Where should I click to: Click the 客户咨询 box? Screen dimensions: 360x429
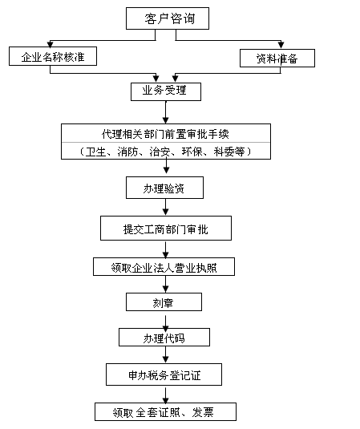coord(168,18)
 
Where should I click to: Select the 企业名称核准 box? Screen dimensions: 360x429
coord(53,56)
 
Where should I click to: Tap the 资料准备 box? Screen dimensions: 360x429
coord(277,58)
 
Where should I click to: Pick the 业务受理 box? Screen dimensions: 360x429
coord(166,91)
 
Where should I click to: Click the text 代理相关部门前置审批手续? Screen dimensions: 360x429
coord(165,134)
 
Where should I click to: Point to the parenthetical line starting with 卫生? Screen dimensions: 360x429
coord(165,152)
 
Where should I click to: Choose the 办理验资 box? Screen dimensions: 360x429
coord(164,188)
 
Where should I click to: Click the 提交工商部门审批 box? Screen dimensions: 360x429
coord(166,229)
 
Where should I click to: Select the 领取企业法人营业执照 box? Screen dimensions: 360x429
coord(164,267)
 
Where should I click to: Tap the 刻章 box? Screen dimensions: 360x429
coord(164,302)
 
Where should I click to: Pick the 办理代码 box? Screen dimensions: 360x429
coord(164,337)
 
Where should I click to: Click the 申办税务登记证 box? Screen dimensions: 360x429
coord(164,374)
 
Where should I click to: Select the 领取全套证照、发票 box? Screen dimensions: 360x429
coord(165,412)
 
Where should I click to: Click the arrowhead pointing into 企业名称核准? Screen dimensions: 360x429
coord(50,44)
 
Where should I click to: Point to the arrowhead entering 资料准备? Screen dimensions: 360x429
coord(281,45)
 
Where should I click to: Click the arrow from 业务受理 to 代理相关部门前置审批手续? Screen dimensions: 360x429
coord(166,112)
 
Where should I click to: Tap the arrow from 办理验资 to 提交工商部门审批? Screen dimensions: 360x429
coord(165,207)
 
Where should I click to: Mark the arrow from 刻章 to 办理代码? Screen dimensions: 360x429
coord(165,322)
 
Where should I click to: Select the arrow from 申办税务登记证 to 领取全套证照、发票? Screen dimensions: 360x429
coord(165,395)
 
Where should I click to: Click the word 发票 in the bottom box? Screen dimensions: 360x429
coord(203,412)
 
